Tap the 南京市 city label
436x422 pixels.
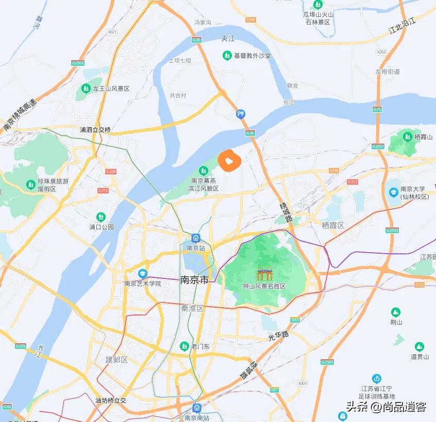pyautogui.click(x=194, y=280)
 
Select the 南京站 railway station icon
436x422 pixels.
pyautogui.click(x=196, y=238)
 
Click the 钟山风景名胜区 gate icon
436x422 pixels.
pyautogui.click(x=264, y=273)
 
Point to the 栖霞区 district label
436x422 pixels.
pyautogui.click(x=332, y=225)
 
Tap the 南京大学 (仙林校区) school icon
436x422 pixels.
pyautogui.click(x=393, y=192)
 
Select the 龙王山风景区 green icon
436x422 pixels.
pyautogui.click(x=86, y=89)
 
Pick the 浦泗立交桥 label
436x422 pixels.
pyautogui.click(x=95, y=130)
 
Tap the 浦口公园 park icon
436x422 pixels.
pyautogui.click(x=100, y=217)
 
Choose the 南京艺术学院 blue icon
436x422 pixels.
pyautogui.click(x=142, y=274)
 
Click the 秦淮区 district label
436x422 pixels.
pyautogui.click(x=193, y=308)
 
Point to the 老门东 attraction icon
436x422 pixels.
pyautogui.click(x=184, y=346)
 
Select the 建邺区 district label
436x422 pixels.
pyautogui.click(x=116, y=359)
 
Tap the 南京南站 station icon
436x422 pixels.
pyautogui.click(x=197, y=408)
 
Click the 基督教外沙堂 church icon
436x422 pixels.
pyautogui.click(x=227, y=55)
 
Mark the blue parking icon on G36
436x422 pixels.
pyautogui.click(x=240, y=114)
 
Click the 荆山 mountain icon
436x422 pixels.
pyautogui.click(x=395, y=312)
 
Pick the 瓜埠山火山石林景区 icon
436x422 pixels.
pyautogui.click(x=317, y=5)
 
